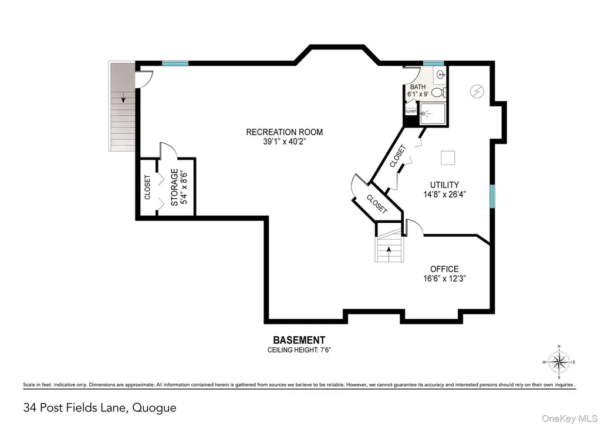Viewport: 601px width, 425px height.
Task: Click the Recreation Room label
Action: point(285,132)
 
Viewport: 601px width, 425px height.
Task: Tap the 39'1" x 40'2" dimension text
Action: point(285,142)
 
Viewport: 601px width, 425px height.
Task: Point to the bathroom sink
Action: point(441,75)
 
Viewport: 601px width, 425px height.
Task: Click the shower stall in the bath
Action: point(433,113)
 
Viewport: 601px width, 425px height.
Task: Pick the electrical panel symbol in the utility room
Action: point(477,91)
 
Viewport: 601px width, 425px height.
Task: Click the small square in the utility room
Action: point(448,158)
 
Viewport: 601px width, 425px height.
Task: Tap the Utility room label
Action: point(444,185)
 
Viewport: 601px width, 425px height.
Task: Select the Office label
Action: point(444,269)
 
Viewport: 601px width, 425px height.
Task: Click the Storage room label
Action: point(174,188)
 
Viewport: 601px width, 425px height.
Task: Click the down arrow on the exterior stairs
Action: point(123,98)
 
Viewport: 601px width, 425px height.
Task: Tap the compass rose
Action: point(559,362)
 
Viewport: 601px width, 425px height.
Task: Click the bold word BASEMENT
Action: point(299,340)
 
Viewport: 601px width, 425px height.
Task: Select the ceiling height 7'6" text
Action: point(299,350)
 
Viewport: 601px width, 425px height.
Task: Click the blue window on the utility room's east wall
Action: point(492,196)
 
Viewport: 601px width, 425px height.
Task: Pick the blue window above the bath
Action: point(433,63)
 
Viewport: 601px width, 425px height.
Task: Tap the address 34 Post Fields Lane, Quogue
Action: point(100,408)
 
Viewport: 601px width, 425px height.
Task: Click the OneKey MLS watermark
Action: point(569,419)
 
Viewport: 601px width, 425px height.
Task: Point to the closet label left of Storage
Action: point(147,188)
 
